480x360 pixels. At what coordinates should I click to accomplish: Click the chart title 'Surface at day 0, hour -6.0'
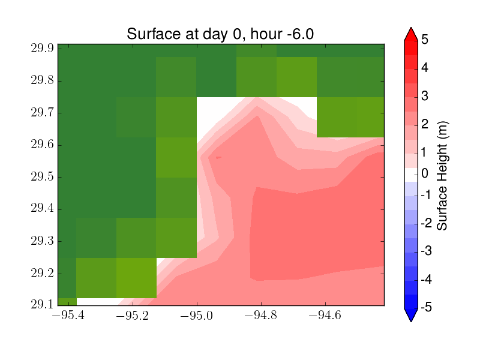point(220,34)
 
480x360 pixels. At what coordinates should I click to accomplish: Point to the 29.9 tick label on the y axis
point(42,48)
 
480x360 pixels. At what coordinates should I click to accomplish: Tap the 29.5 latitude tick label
point(42,176)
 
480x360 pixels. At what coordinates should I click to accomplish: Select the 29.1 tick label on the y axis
point(42,304)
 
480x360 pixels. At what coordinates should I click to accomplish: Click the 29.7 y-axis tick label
point(42,112)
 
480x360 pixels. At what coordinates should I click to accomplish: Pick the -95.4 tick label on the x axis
point(68,315)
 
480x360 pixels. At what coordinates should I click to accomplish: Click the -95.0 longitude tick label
point(197,315)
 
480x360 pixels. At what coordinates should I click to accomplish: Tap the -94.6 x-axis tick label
point(325,315)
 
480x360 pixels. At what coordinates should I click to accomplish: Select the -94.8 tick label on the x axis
point(261,315)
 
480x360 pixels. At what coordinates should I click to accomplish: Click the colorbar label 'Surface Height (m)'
point(442,176)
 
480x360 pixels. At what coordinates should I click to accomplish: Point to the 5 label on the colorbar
point(425,39)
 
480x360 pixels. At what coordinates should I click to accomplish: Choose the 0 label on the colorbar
point(425,173)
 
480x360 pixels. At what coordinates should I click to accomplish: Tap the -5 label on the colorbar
point(427,307)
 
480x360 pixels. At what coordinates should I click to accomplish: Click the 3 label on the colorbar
point(425,96)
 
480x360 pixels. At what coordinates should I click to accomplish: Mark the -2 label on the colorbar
point(427,223)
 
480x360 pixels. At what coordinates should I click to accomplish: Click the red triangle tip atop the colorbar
point(411,28)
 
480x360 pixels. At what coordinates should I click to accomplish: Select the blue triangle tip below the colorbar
point(411,321)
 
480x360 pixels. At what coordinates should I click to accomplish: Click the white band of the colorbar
point(411,175)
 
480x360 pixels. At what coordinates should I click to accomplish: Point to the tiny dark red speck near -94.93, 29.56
point(218,158)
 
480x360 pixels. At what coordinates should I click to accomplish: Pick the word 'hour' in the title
point(266,34)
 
